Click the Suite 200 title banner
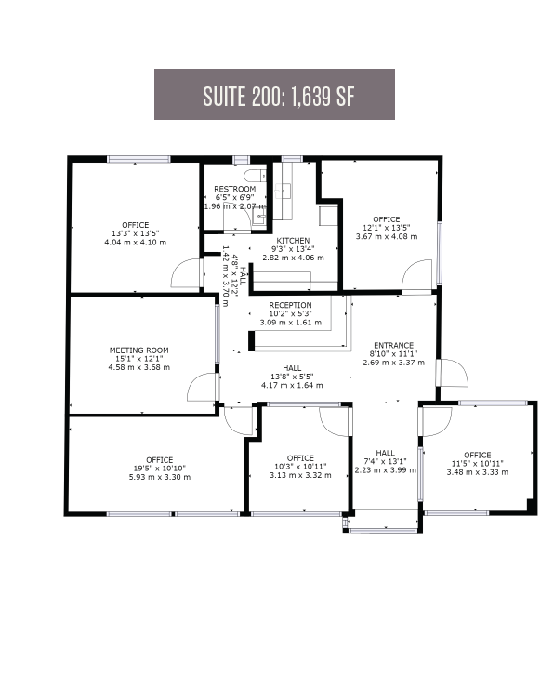[x=274, y=95]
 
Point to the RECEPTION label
[x=290, y=305]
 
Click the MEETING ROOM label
[x=138, y=350]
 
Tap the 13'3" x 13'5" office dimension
[x=136, y=233]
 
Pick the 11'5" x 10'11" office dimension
[x=477, y=463]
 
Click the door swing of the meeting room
[x=202, y=387]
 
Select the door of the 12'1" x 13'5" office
[x=418, y=274]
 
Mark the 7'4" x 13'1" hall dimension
[x=385, y=461]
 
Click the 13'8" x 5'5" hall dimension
[x=286, y=377]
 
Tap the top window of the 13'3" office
[x=138, y=160]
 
